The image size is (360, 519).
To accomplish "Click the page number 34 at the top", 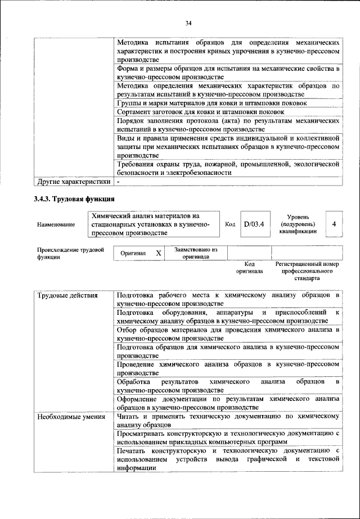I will point(188,22).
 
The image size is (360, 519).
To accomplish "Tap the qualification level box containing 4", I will point(334,224).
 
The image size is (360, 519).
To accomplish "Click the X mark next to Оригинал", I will point(159,253).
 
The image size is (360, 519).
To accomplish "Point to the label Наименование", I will point(56,224).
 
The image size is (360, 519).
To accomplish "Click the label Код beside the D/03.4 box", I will point(229,224).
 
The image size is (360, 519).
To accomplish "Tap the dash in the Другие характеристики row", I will point(119,182).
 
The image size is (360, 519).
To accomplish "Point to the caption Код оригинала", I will point(250,267).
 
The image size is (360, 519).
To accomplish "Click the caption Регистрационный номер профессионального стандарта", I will point(307,270).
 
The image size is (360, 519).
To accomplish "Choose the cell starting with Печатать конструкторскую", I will point(228,459).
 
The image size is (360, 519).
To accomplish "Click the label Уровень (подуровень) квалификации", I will point(301,224).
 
